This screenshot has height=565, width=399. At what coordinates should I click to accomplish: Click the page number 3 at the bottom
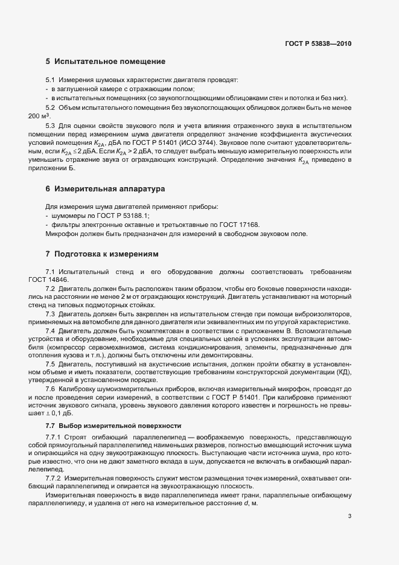pos(350,516)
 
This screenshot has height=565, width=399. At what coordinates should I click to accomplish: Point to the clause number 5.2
pos(51,107)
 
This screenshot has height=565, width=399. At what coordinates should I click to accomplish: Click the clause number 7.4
pos(51,332)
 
